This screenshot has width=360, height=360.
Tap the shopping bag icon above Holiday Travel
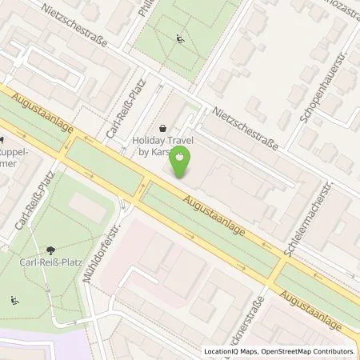point(165,127)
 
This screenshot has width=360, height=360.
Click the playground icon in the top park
point(180,38)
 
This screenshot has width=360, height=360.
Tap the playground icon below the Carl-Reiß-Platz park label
point(15,300)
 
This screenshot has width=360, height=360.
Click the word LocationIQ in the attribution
point(222,351)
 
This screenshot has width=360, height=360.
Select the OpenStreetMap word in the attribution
point(285,351)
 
